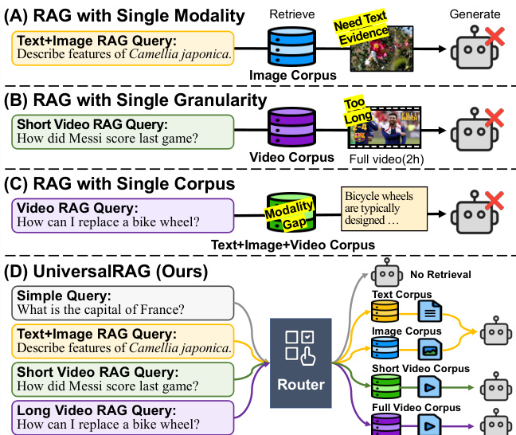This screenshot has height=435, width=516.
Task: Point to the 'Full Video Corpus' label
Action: (415, 407)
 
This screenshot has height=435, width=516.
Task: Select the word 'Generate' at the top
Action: (476, 14)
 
